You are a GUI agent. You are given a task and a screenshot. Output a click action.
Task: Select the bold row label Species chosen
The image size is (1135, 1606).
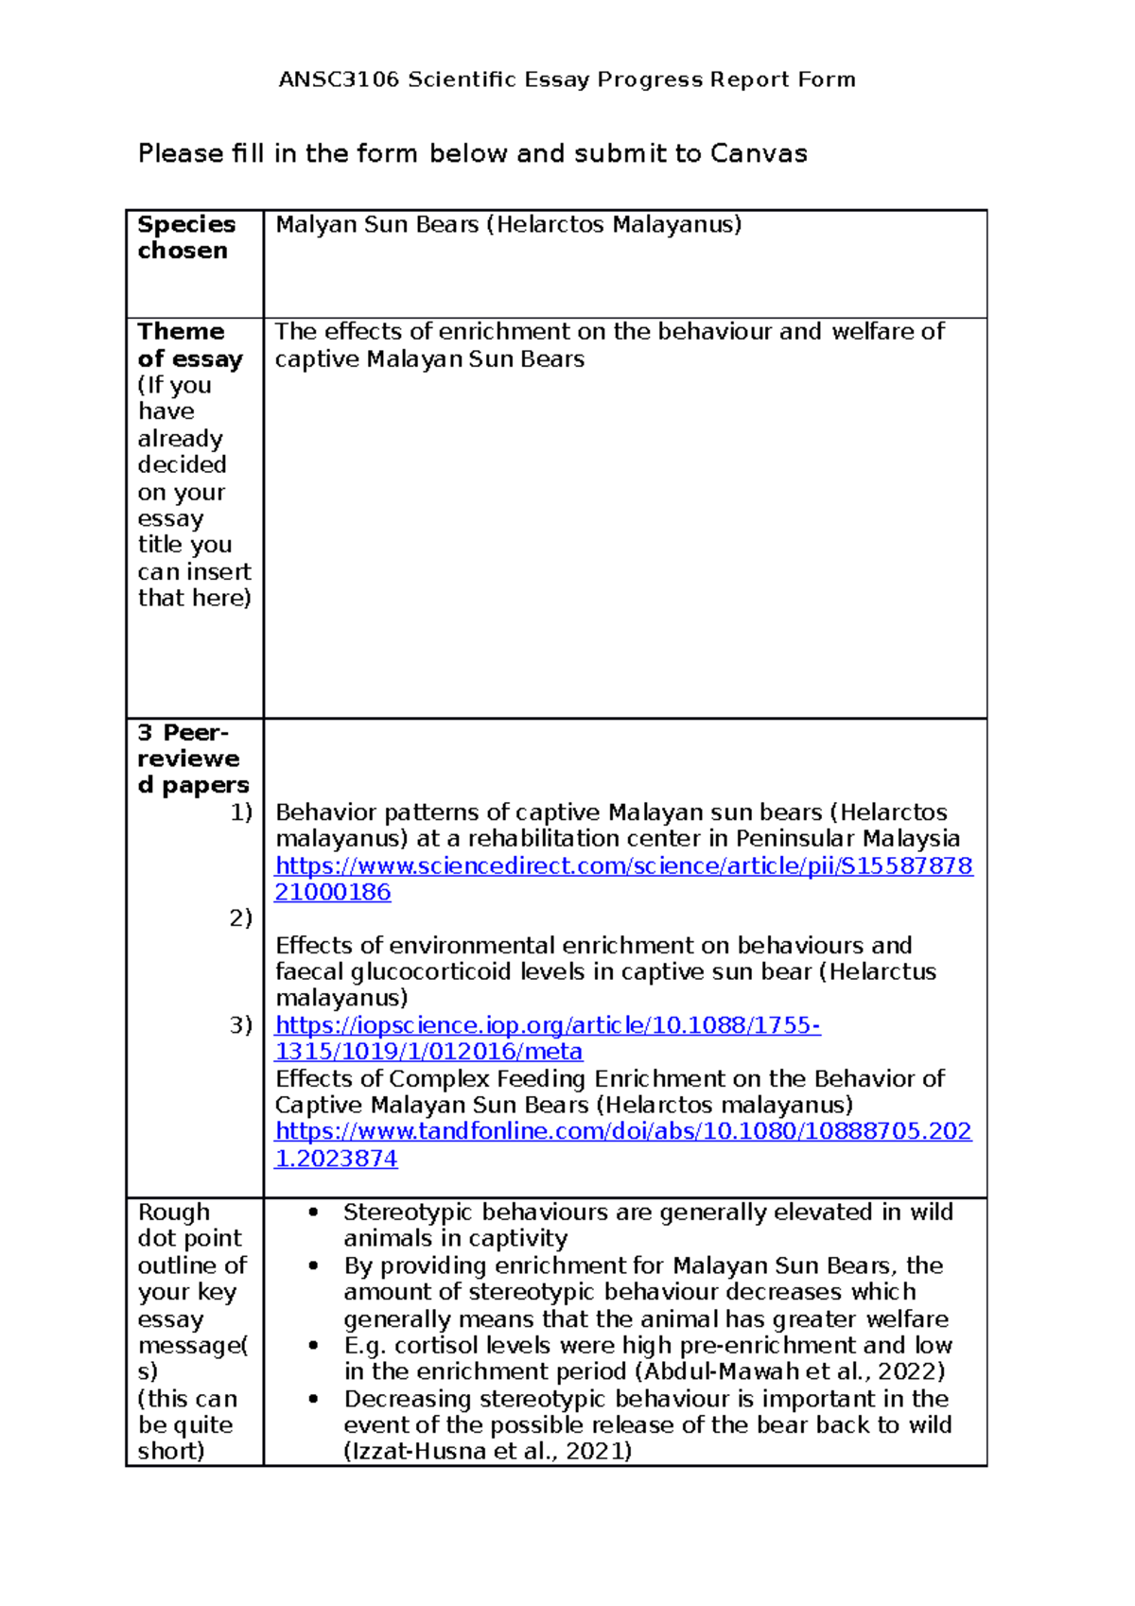click(185, 237)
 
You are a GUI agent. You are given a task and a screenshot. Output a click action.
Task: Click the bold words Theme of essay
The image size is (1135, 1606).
click(189, 345)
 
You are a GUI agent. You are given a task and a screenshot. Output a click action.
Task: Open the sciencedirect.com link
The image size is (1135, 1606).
click(623, 866)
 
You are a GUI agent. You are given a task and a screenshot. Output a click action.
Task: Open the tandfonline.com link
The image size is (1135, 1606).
click(623, 1132)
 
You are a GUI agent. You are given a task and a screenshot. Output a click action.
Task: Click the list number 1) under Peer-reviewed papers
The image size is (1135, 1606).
click(241, 812)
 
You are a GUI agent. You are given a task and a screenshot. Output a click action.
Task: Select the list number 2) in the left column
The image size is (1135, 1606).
click(241, 918)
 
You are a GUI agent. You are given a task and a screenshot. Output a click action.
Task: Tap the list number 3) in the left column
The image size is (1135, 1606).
click(241, 1025)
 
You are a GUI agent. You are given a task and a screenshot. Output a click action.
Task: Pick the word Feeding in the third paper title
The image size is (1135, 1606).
click(541, 1079)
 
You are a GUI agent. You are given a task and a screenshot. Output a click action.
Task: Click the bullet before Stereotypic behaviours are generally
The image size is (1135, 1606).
click(313, 1213)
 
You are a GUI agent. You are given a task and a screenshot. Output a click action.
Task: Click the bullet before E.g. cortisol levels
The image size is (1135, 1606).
click(313, 1346)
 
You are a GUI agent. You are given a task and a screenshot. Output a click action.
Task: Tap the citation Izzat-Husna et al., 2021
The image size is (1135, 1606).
click(486, 1452)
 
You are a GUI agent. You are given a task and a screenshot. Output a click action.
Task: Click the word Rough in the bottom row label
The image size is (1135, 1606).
click(173, 1213)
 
